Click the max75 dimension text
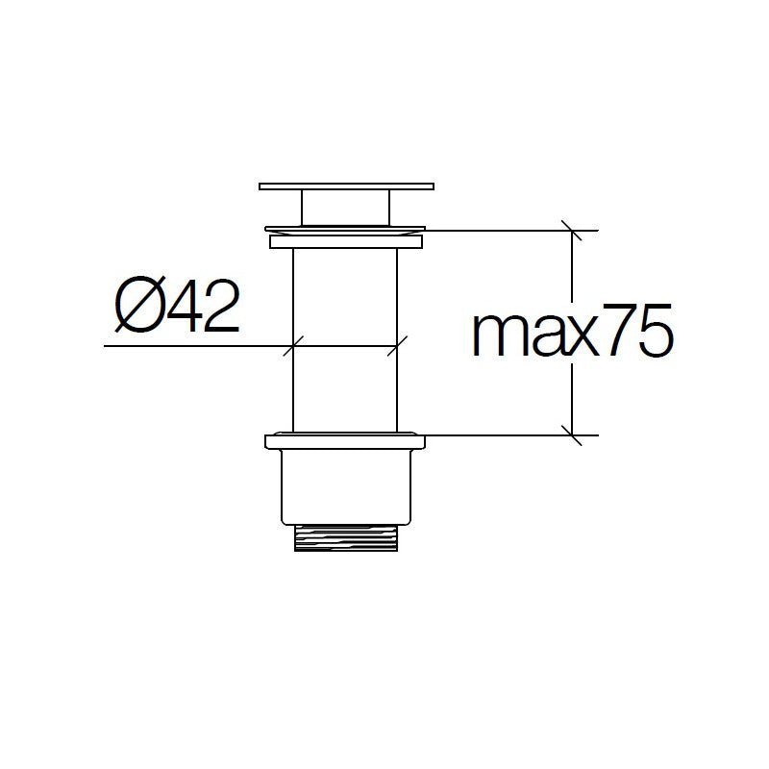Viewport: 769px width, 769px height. click(571, 333)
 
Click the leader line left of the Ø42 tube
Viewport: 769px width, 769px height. click(192, 345)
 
